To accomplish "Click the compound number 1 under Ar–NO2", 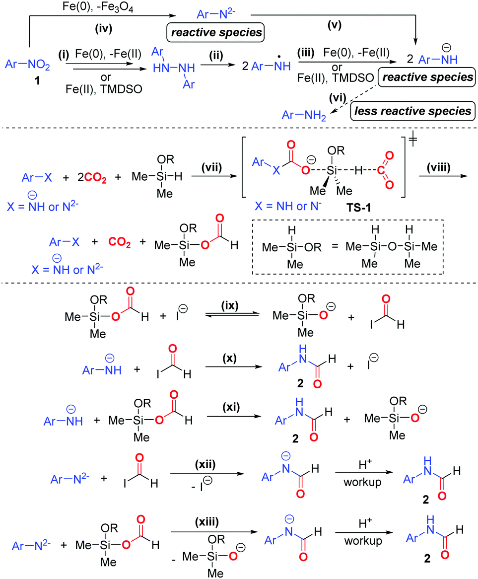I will [x=25, y=79].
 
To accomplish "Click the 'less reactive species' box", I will [x=433, y=111].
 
